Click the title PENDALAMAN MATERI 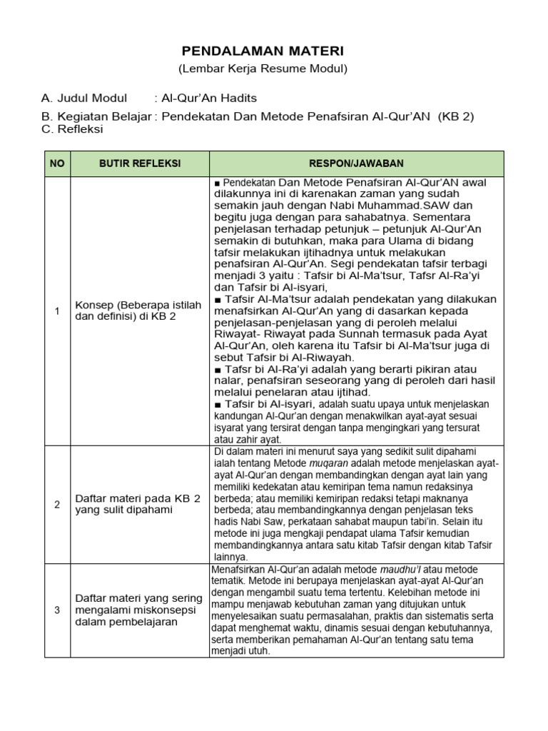[263, 51]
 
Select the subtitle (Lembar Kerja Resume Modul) [263, 69]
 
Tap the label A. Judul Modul [84, 98]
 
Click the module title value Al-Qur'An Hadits [209, 98]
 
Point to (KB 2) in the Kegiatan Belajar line [456, 116]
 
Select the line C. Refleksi [72, 129]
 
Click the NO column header [57, 163]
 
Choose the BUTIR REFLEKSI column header [139, 163]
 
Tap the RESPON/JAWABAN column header [357, 163]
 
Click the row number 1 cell [57, 311]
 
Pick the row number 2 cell [57, 505]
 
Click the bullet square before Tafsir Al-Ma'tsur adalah [217, 300]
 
